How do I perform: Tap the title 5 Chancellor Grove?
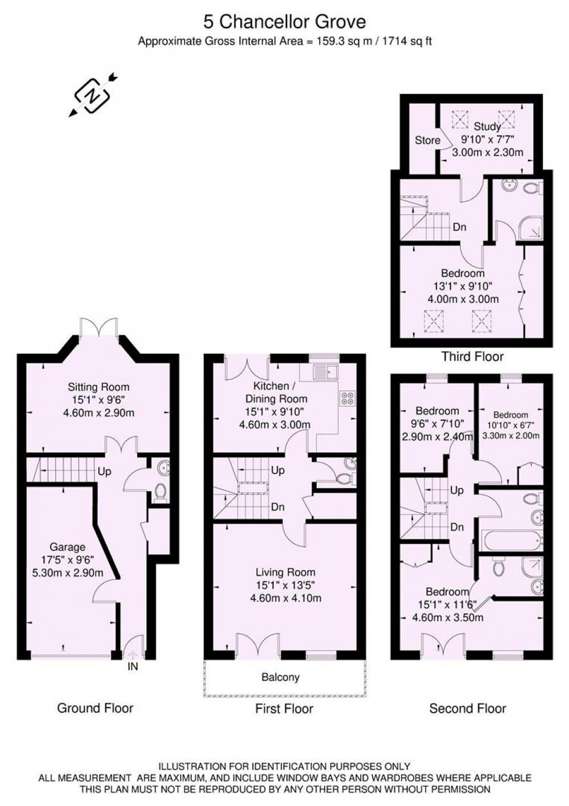pos(284,22)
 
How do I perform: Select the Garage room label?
pos(68,547)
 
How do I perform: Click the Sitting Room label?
pos(98,387)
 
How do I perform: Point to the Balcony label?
pos(281,677)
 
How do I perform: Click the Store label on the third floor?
pos(427,140)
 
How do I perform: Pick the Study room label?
pos(487,126)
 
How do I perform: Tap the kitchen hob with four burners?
pos(348,398)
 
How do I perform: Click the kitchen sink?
pos(325,372)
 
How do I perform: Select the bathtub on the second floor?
pos(512,540)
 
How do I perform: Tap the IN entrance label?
pos(133,666)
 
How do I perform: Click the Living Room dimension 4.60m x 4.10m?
pos(286,598)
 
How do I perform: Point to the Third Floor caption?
pos(472,357)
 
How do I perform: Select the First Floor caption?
pos(284,709)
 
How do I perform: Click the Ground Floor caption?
pos(95,708)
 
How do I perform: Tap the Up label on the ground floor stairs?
pos(104,472)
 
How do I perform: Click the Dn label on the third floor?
pos(459,227)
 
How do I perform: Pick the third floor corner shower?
pos(530,227)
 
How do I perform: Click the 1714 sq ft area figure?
pos(406,42)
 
